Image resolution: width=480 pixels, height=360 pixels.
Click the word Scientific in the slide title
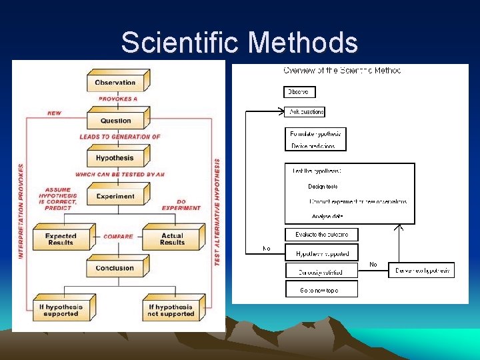(x=180, y=43)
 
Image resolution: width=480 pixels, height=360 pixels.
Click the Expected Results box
(x=61, y=239)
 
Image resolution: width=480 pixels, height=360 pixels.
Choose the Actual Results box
(x=172, y=239)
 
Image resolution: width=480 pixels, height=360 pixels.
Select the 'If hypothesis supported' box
(x=61, y=310)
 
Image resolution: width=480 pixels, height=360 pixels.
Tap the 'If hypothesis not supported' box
(x=171, y=310)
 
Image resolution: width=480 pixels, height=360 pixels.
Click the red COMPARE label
(x=118, y=236)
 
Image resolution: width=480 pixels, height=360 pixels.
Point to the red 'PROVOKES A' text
(x=118, y=99)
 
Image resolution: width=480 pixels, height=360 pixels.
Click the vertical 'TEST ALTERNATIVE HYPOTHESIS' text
(x=217, y=212)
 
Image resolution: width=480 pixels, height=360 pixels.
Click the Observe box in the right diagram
(x=299, y=92)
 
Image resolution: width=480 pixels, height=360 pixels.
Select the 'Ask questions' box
(x=306, y=112)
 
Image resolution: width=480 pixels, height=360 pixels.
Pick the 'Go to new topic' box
(x=321, y=289)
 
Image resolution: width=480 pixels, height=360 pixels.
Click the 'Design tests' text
(x=323, y=187)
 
